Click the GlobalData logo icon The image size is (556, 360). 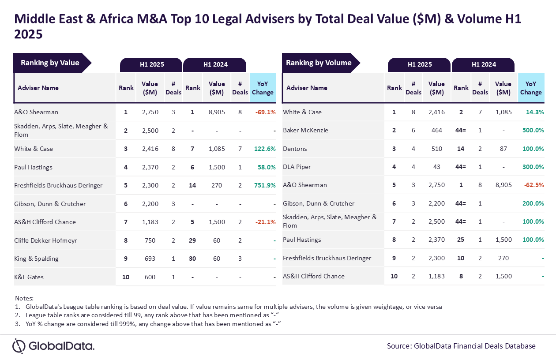[19, 346]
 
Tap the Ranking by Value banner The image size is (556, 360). [53, 63]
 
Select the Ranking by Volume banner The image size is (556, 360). [321, 63]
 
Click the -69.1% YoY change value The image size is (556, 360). [265, 112]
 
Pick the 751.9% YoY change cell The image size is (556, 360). [265, 185]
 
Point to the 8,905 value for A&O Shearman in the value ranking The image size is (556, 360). [217, 112]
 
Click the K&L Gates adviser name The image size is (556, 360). [29, 277]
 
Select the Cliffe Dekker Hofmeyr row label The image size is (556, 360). [45, 240]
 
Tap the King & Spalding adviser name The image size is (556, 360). [36, 259]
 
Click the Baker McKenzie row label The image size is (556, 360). [305, 130]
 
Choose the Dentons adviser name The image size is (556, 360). [295, 149]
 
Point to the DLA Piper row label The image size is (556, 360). [297, 167]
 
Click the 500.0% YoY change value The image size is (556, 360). [533, 130]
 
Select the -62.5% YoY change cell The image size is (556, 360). [533, 185]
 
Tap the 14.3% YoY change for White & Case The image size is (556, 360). [535, 112]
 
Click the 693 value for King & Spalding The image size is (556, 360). [150, 259]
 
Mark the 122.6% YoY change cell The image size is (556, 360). [265, 149]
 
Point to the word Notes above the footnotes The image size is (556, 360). [24, 298]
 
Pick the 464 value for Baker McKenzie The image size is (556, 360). [436, 130]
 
